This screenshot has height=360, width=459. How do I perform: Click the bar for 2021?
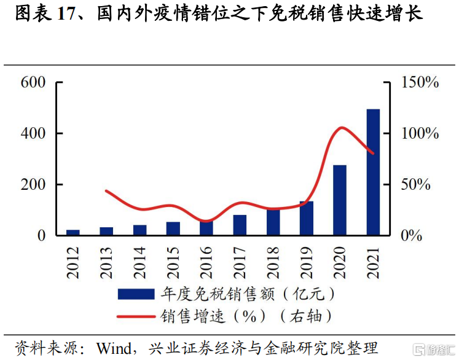[373, 172]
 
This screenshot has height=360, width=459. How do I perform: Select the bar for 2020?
[340, 200]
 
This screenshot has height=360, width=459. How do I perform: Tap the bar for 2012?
[73, 232]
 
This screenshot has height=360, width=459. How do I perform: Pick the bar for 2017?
[240, 225]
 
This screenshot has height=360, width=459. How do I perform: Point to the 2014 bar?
[139, 230]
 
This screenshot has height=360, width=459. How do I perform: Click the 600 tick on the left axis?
[33, 82]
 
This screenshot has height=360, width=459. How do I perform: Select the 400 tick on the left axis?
[33, 133]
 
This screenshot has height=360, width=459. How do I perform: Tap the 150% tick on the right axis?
[420, 82]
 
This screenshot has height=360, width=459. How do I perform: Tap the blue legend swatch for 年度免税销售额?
[135, 294]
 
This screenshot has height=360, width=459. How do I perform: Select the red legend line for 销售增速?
[135, 316]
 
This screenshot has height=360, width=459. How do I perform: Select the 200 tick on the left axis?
[33, 185]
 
